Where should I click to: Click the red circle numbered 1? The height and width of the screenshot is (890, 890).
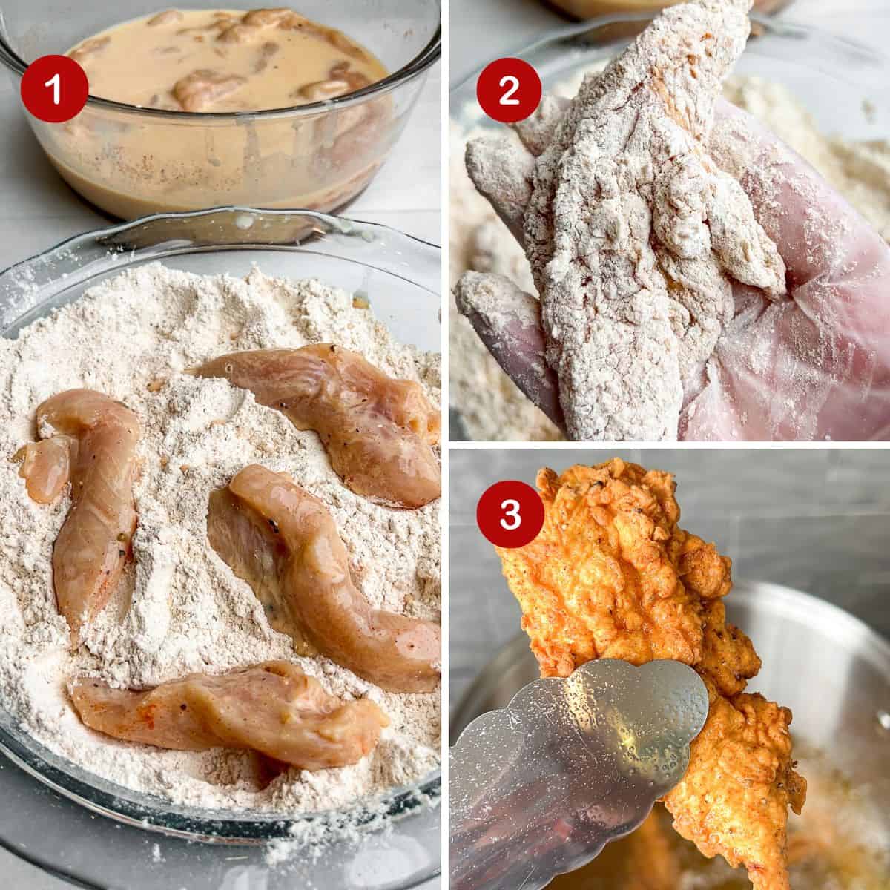(54, 88)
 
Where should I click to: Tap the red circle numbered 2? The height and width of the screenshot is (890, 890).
(509, 90)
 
